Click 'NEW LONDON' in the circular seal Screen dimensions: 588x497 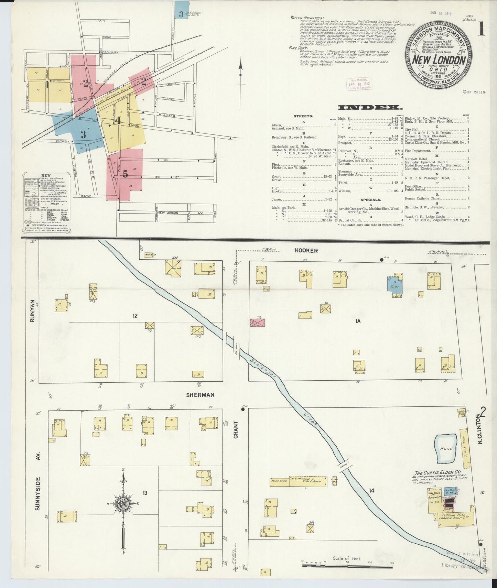coord(439,61)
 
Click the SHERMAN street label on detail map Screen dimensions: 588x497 coord(200,395)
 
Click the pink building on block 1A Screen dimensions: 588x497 coord(258,322)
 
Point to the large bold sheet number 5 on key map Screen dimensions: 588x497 coord(126,174)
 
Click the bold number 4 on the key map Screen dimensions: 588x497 coord(118,121)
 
